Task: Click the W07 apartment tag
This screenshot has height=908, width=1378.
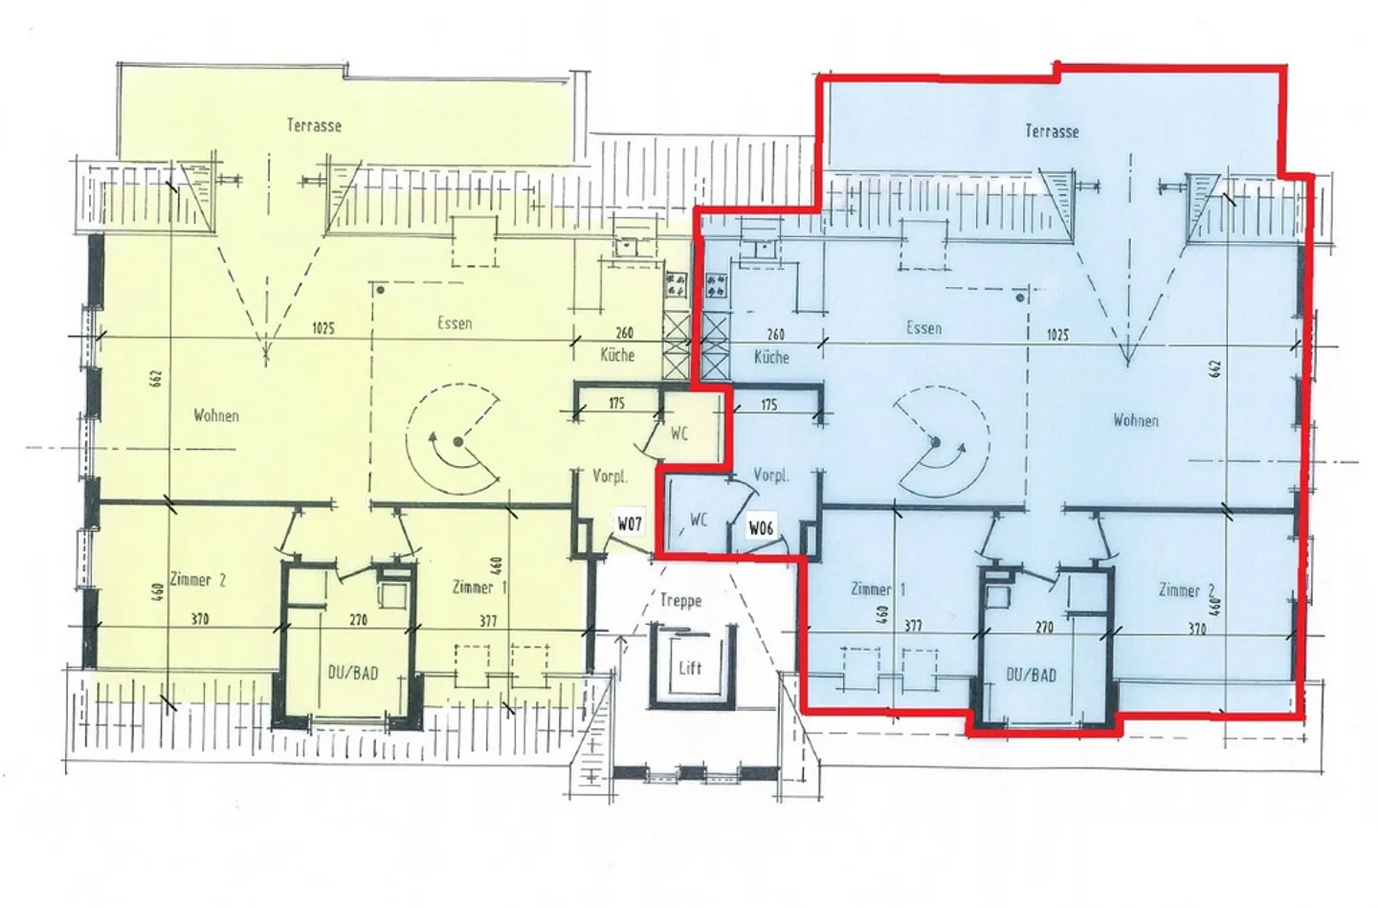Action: tap(629, 523)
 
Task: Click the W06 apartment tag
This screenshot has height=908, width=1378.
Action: tap(761, 527)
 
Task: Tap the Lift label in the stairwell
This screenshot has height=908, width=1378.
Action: tap(690, 668)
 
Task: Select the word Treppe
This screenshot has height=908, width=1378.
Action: tap(680, 600)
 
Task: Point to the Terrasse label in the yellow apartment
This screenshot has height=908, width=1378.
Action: tap(314, 125)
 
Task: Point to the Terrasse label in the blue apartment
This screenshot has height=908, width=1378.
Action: tap(1052, 131)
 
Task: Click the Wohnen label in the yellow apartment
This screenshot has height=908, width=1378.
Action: tap(216, 415)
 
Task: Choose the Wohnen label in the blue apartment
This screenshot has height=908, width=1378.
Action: tap(1136, 420)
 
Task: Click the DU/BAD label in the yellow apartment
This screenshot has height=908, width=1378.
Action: tap(352, 673)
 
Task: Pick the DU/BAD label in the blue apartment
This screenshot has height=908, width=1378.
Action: tap(1032, 675)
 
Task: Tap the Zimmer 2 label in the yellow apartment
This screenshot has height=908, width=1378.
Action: tap(198, 580)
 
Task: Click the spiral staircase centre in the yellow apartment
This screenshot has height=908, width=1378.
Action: tap(458, 441)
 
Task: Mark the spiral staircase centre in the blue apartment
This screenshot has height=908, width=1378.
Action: tap(935, 442)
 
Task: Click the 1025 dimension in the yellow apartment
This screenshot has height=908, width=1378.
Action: tap(322, 328)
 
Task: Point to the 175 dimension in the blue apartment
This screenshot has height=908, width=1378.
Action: tap(768, 405)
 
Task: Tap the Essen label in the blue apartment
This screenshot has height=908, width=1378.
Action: tap(923, 327)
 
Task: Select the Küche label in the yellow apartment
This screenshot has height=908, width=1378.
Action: tap(617, 355)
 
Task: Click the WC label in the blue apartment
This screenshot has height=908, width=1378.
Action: tap(699, 520)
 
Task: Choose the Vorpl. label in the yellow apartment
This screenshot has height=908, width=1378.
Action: tap(609, 476)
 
